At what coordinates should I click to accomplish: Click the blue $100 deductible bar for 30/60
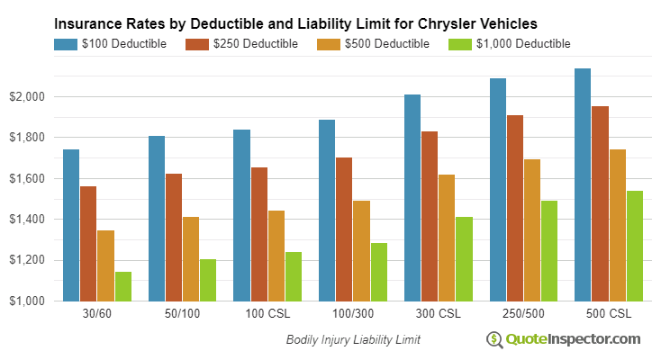point(71,225)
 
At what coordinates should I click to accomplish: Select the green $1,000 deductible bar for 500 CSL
point(634,246)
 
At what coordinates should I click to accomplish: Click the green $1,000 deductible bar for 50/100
point(207,280)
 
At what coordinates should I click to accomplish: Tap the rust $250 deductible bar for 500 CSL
point(600,203)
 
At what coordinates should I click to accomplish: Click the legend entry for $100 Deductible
point(110,43)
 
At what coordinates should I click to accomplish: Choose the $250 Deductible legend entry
point(241,43)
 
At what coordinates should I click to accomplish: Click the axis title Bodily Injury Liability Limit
point(353,340)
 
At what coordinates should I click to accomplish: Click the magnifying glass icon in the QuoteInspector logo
point(494,339)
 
